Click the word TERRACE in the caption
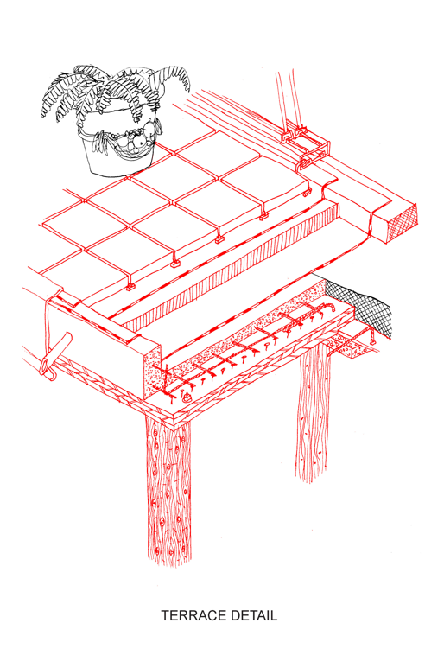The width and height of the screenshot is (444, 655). (x=193, y=615)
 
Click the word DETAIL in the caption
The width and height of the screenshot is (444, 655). (x=254, y=615)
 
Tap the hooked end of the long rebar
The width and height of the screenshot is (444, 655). (x=332, y=306)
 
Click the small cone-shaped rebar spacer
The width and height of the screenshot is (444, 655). (x=187, y=396)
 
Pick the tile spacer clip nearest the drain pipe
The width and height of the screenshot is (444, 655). (x=130, y=287)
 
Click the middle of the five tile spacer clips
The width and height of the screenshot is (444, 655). (x=219, y=239)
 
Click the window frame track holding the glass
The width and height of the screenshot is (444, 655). (x=306, y=147)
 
